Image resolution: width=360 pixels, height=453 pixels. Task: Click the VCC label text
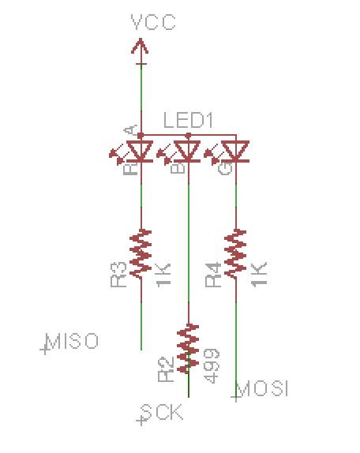pyautogui.click(x=153, y=22)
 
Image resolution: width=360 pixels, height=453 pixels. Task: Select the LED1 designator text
pyautogui.click(x=188, y=120)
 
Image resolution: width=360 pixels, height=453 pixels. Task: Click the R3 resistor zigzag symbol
pyautogui.click(x=141, y=254)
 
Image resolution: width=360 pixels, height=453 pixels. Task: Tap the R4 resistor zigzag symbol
pyautogui.click(x=235, y=254)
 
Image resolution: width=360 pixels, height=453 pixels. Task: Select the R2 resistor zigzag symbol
pyautogui.click(x=188, y=349)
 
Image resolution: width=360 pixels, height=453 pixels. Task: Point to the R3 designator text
pyautogui.click(x=118, y=275)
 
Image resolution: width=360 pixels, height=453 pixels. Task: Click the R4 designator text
pyautogui.click(x=213, y=275)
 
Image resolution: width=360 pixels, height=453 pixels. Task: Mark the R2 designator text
pyautogui.click(x=166, y=369)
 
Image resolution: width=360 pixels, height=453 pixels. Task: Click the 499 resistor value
pyautogui.click(x=212, y=365)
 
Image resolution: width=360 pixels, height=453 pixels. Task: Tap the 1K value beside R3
pyautogui.click(x=163, y=275)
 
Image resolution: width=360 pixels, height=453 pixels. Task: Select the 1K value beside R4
pyautogui.click(x=259, y=275)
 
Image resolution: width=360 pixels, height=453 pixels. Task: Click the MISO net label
pyautogui.click(x=72, y=341)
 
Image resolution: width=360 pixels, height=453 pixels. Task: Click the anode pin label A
pyautogui.click(x=130, y=130)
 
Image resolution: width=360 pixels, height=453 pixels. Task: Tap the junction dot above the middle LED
pyautogui.click(x=189, y=135)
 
